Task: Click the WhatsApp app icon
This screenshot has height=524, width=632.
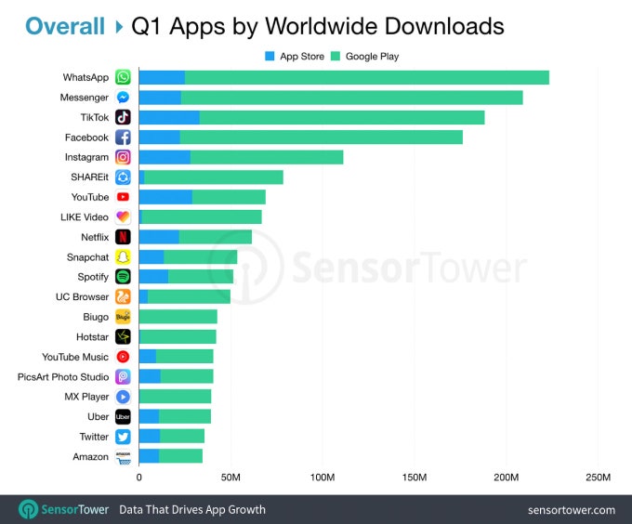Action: pos(123,77)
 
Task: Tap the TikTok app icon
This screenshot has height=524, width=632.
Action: pos(123,117)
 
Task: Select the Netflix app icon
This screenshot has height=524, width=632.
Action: pos(123,237)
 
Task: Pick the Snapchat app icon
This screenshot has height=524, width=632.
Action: pos(123,257)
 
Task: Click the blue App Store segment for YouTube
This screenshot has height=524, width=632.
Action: pos(165,197)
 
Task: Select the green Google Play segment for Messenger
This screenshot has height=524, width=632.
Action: pos(351,98)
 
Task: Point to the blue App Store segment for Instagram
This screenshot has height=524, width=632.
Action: pos(165,157)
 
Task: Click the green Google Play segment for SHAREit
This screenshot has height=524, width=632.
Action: pos(214,177)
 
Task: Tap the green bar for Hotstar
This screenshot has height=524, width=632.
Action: pos(178,336)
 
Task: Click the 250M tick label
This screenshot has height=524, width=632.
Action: pos(598,478)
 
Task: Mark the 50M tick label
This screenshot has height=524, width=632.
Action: pos(230,478)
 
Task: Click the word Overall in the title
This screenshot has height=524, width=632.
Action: pos(65,26)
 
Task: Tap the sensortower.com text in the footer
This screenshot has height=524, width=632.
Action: pos(571,510)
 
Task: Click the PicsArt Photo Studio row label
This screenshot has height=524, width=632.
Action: pos(63,377)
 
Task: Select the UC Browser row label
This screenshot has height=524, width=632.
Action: pos(82,297)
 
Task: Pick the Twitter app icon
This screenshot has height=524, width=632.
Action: pos(123,437)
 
